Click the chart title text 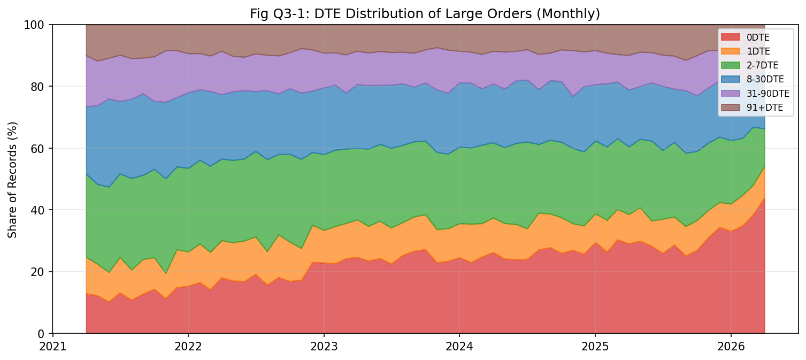[x=425, y=14]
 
